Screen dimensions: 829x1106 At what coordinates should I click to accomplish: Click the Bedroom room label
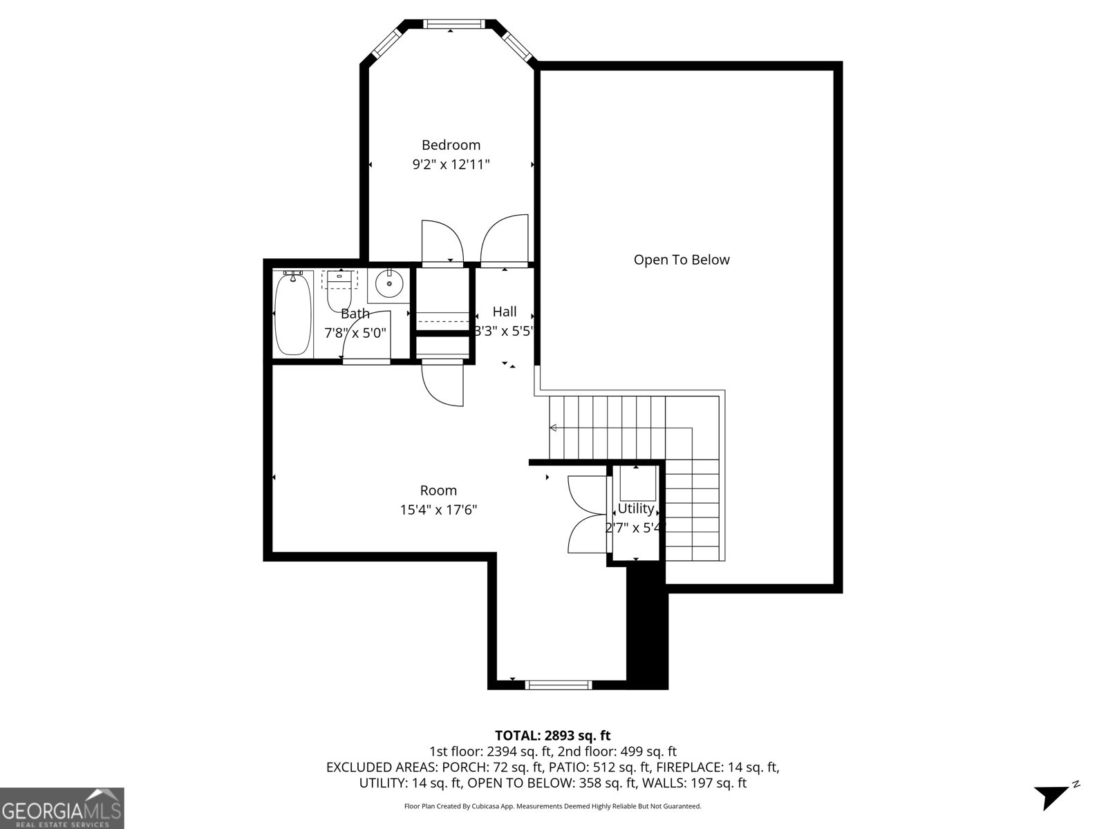click(x=451, y=145)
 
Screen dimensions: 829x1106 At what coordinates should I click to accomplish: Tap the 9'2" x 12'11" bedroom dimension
click(x=451, y=164)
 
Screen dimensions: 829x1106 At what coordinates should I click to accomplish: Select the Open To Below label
click(x=682, y=260)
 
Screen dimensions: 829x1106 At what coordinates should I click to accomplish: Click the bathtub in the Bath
click(x=292, y=314)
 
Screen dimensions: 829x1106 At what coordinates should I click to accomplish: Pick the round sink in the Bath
click(x=390, y=283)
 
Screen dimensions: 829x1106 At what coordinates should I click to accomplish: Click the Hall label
click(x=504, y=312)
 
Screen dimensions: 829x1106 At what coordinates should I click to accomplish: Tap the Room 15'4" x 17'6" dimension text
click(x=438, y=510)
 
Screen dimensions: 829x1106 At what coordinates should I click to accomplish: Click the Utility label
click(x=635, y=508)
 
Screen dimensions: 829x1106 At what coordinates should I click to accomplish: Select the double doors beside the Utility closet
click(x=586, y=514)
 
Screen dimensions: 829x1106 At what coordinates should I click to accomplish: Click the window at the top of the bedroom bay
click(x=451, y=24)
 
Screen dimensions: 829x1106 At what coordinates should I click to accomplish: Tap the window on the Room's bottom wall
click(x=559, y=685)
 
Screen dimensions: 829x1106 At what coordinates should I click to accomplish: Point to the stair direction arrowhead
click(x=553, y=428)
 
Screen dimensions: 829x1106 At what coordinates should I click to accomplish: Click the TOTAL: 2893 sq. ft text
click(x=552, y=736)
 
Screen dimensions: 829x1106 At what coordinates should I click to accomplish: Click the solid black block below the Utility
click(x=647, y=625)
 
